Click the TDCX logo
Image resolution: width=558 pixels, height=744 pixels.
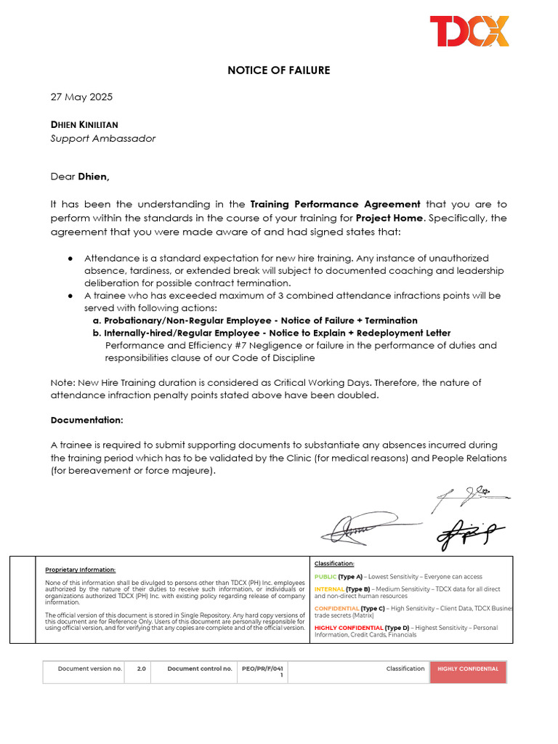[x=469, y=31]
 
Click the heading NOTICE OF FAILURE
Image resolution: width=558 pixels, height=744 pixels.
[x=278, y=70]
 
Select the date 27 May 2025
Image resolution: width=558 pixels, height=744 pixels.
[x=81, y=97]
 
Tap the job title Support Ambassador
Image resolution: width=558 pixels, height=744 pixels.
[x=102, y=138]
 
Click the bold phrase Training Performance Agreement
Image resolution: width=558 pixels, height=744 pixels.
[x=335, y=204]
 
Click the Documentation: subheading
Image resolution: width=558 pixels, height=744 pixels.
[x=86, y=420]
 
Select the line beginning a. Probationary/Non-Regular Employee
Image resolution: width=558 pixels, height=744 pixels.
[x=255, y=320]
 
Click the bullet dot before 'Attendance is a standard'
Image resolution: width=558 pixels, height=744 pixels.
[x=70, y=259]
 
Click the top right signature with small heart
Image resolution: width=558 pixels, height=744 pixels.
[x=471, y=496]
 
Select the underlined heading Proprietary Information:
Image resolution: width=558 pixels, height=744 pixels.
[x=80, y=570]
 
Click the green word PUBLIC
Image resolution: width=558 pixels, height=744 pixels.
[x=325, y=576]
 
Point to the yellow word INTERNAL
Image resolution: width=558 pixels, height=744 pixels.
[x=329, y=589]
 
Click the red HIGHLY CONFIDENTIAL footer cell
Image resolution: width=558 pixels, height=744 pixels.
[x=467, y=669]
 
